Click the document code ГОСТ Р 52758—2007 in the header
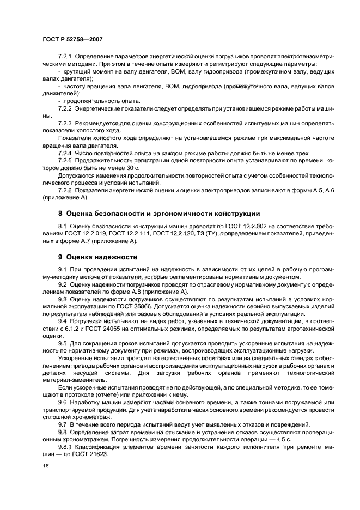[x=72, y=40]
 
